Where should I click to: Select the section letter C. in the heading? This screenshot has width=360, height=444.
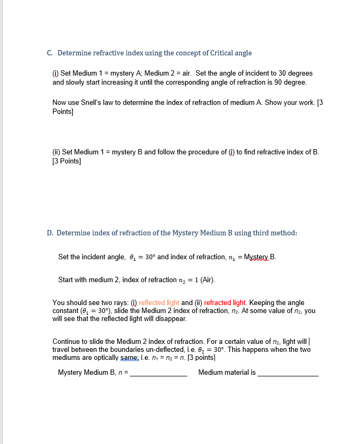[x=50, y=53]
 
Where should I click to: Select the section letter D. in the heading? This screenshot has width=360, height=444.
[x=50, y=233]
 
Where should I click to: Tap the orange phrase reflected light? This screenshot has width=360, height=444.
[x=159, y=303]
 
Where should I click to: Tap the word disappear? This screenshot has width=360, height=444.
[x=171, y=318]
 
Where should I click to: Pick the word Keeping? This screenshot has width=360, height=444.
[x=263, y=303]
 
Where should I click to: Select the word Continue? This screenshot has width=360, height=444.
[x=66, y=341]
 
